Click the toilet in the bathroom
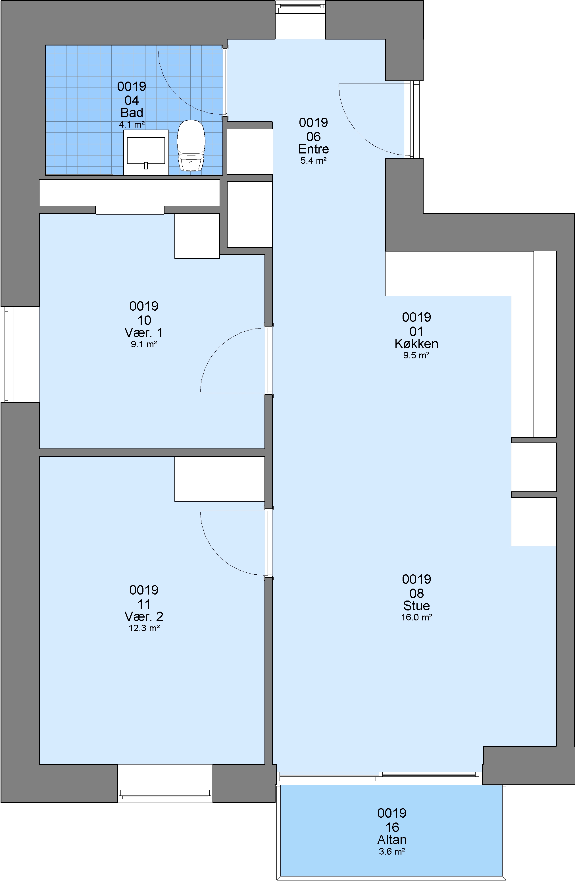click(191, 145)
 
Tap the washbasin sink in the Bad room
click(146, 152)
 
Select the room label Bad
click(132, 113)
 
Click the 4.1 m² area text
click(132, 124)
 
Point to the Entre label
click(313, 149)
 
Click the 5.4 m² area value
click(313, 161)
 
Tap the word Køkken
click(416, 344)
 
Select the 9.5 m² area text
click(416, 355)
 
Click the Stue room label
click(416, 606)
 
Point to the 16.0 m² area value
click(416, 617)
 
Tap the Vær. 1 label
click(144, 333)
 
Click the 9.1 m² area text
click(144, 344)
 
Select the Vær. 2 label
click(144, 616)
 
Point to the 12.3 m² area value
click(144, 628)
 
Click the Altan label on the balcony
click(392, 840)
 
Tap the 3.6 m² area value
click(392, 851)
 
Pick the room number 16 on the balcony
click(392, 827)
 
